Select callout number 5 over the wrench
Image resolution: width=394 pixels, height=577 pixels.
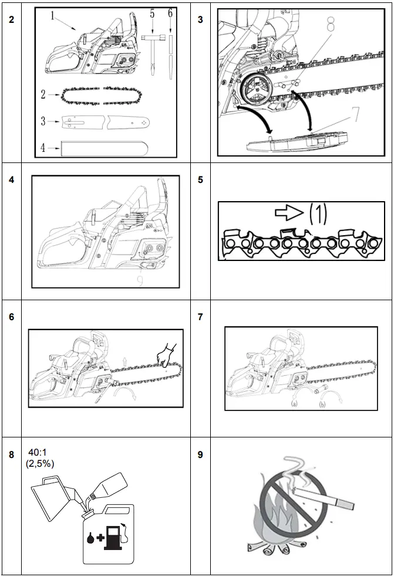(152, 13)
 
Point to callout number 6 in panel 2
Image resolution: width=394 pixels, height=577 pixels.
(170, 13)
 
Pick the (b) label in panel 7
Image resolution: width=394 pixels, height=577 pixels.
(322, 404)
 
